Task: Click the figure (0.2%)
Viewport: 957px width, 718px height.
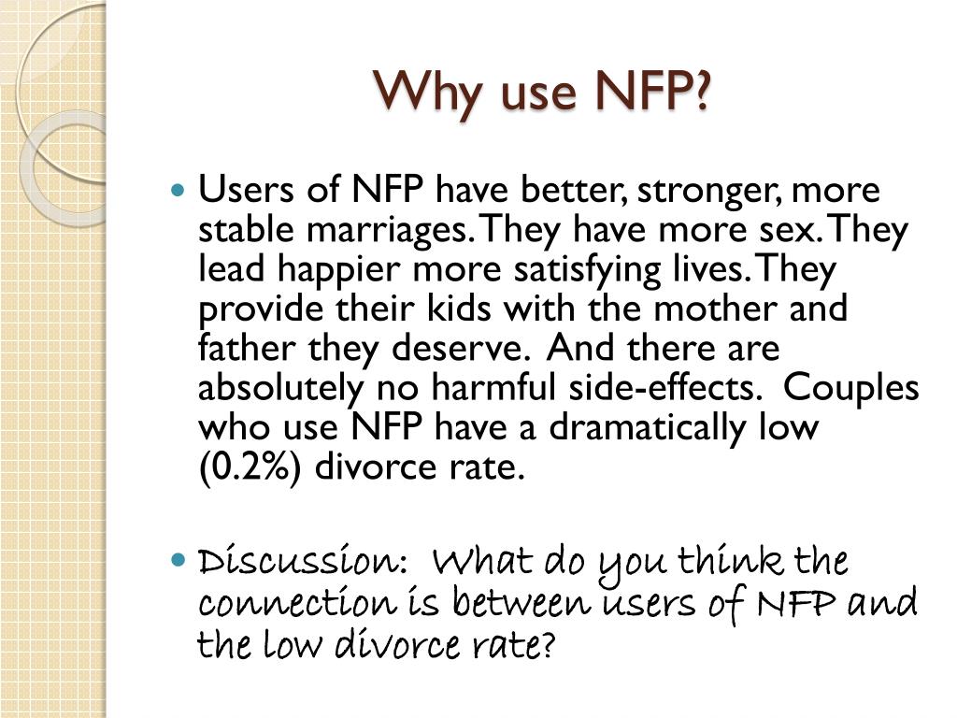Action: click(250, 467)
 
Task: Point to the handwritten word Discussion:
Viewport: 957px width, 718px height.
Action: click(302, 564)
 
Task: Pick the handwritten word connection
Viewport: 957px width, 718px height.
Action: click(291, 604)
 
